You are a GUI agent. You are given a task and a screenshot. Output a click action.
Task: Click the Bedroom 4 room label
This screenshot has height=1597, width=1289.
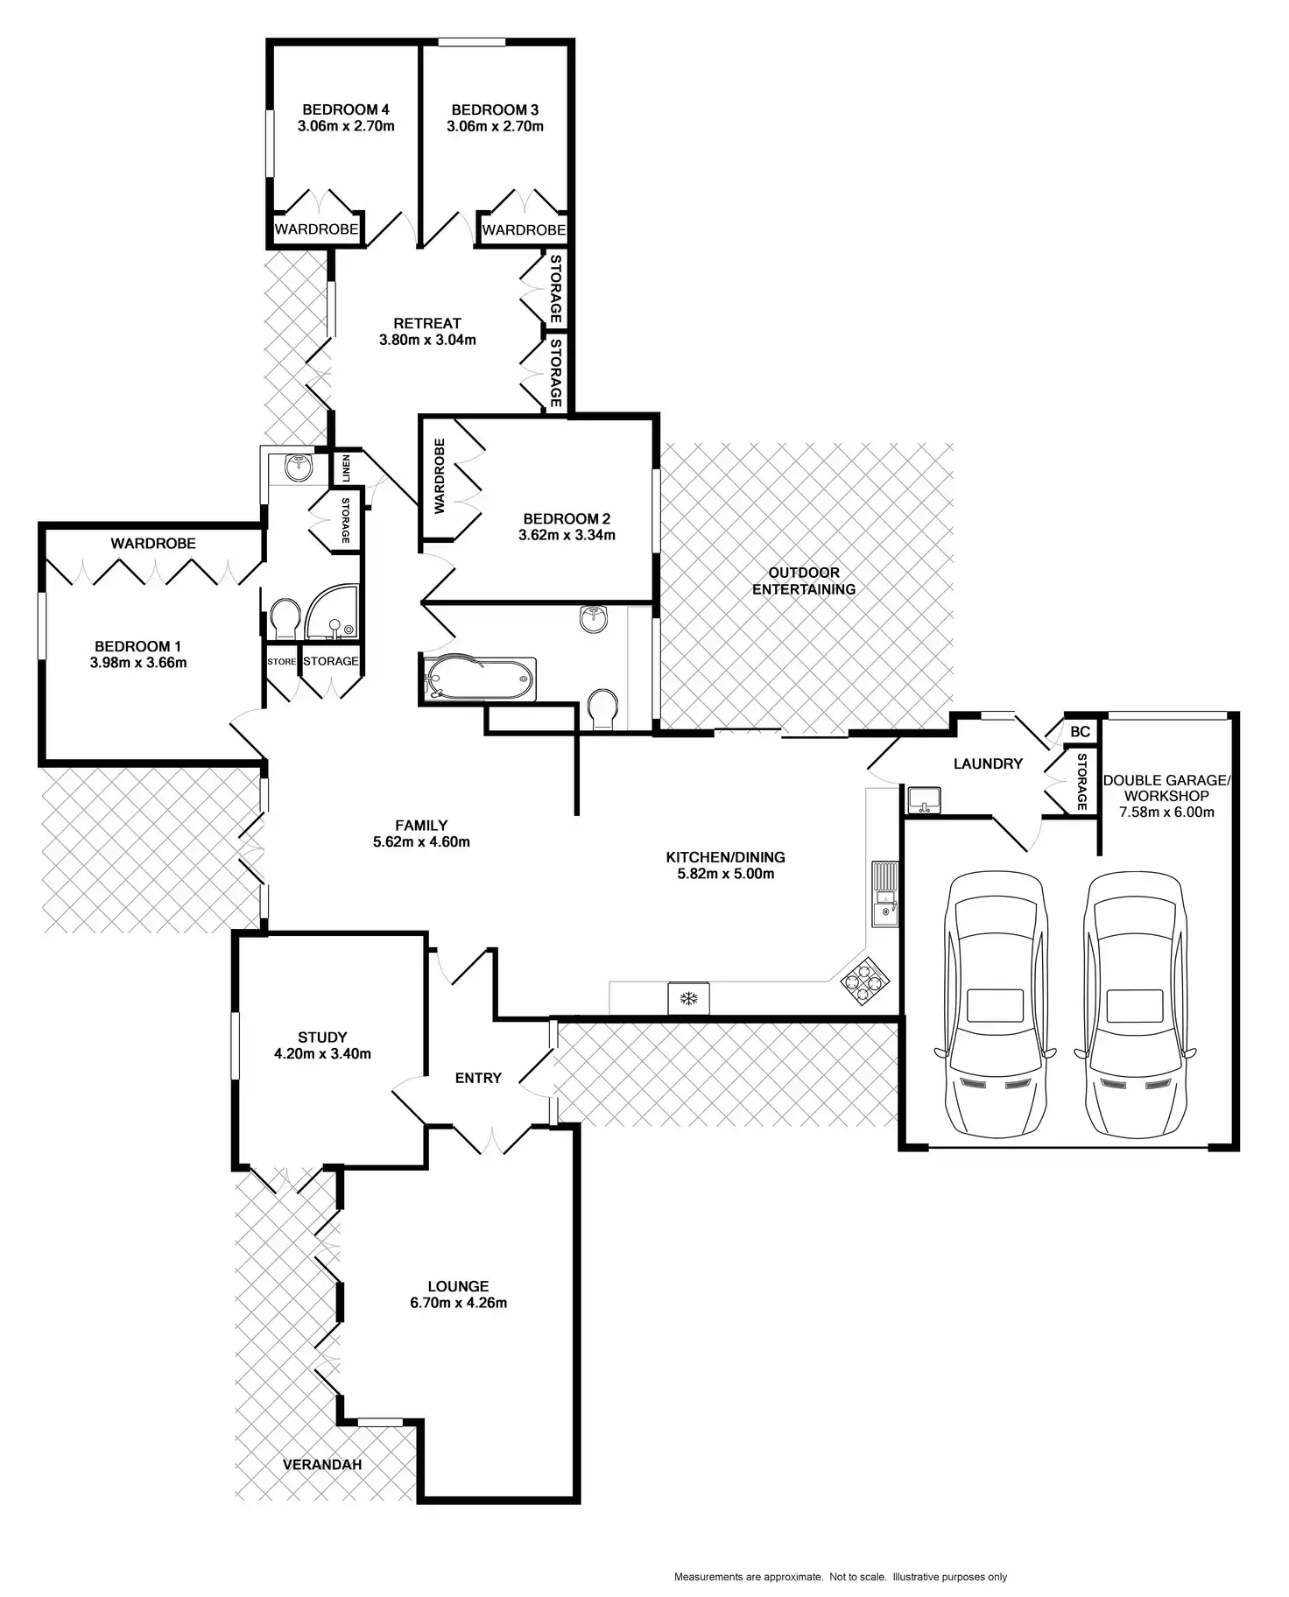coord(346,109)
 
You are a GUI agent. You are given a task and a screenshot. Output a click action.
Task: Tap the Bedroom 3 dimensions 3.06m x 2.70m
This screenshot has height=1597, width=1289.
coord(495,126)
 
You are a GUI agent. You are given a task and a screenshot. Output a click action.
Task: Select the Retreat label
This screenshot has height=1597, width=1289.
coord(427,323)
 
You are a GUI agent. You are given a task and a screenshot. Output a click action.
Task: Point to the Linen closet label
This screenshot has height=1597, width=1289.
coord(347,468)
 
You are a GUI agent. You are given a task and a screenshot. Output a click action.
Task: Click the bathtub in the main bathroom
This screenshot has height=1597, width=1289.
coord(478,678)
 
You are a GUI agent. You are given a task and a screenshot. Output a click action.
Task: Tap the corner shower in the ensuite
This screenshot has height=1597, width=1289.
coord(331,611)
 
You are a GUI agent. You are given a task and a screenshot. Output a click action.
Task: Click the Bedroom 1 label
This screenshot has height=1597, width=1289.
coord(138,646)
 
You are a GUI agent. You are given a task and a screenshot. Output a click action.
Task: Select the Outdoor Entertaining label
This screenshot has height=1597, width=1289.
coord(804,580)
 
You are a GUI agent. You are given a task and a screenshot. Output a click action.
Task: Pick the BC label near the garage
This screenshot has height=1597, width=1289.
coord(1080,731)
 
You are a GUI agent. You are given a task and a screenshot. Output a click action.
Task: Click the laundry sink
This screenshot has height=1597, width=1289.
coord(924,799)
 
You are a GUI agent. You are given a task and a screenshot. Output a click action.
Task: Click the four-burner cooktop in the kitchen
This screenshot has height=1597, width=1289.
coord(865,981)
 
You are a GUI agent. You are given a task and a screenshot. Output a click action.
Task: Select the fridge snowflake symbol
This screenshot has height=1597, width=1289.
coord(689,998)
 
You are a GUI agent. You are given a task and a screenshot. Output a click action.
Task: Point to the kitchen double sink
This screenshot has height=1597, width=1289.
coord(884,893)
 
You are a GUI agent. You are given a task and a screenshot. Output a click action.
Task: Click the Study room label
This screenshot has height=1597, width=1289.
coord(322,1038)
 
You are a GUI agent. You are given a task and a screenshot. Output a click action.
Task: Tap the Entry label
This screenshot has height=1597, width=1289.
coord(478,1078)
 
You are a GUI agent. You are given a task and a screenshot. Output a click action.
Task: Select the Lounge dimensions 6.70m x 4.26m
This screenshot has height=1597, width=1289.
coord(458,1303)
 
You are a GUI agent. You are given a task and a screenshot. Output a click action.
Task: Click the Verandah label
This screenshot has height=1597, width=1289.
coord(322,1464)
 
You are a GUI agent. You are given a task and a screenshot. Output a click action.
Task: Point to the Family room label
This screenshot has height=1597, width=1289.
coord(421,825)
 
